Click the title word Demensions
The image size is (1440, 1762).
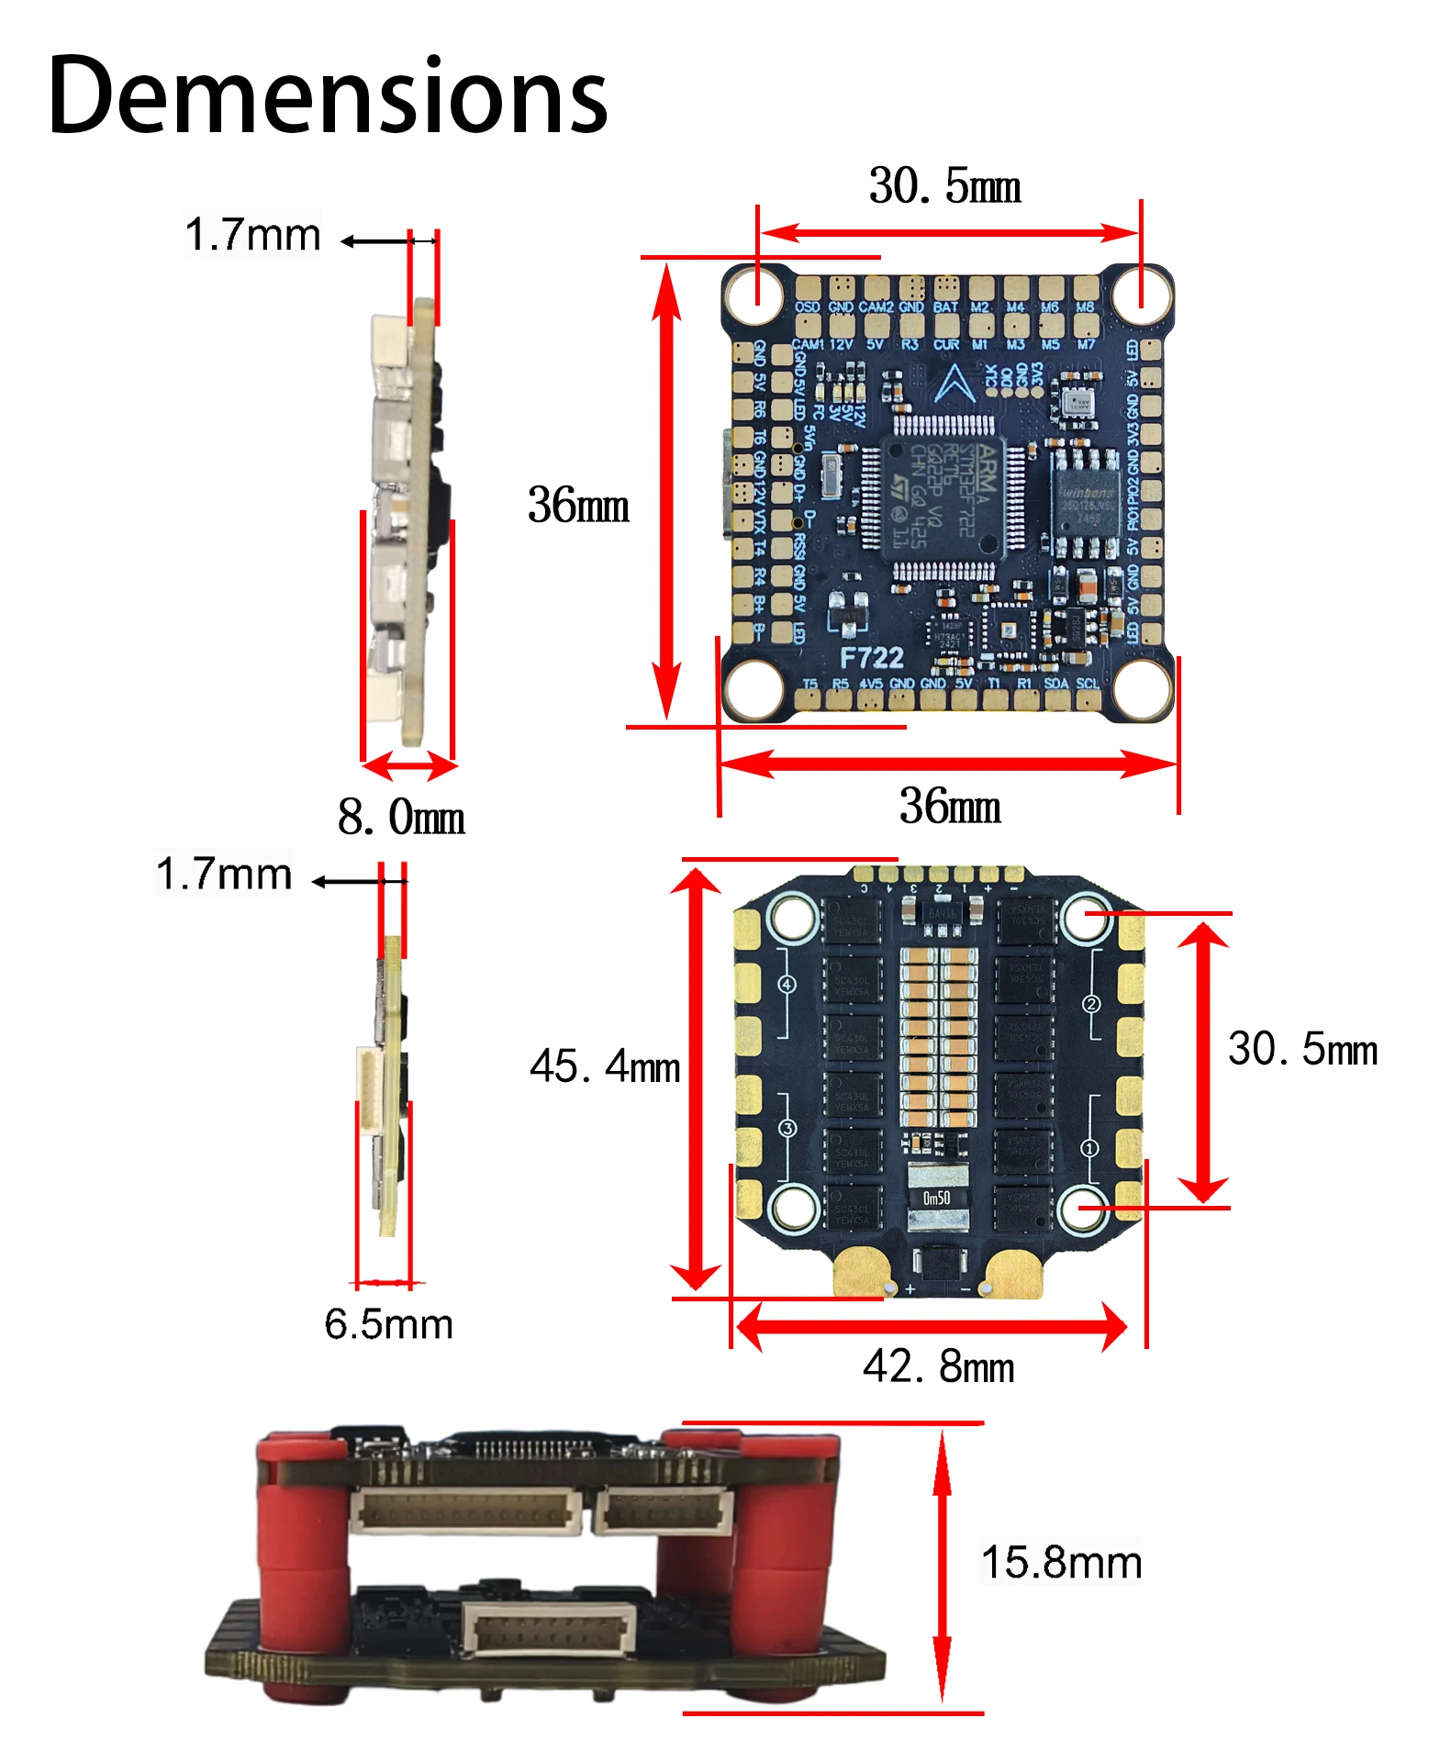pyautogui.click(x=327, y=96)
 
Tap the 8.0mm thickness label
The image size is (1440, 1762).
pyautogui.click(x=401, y=816)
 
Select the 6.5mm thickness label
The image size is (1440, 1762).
pyautogui.click(x=388, y=1324)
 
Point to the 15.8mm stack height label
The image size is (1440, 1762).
pyautogui.click(x=1061, y=1562)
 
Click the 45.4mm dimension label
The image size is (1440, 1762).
pyautogui.click(x=605, y=1066)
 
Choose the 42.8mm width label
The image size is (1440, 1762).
pyautogui.click(x=938, y=1366)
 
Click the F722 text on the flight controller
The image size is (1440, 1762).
pyautogui.click(x=871, y=657)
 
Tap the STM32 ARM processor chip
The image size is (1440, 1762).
pyautogui.click(x=943, y=496)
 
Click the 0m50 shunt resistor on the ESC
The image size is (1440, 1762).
pyautogui.click(x=937, y=1198)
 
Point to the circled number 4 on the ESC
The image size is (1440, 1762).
pyautogui.click(x=787, y=985)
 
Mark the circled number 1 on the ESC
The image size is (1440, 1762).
pyautogui.click(x=1089, y=1148)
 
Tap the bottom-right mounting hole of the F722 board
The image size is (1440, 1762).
pyautogui.click(x=1142, y=688)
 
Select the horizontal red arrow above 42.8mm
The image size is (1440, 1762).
pyautogui.click(x=932, y=1326)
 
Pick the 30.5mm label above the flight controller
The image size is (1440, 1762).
pyautogui.click(x=944, y=186)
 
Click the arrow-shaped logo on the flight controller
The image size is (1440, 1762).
pyautogui.click(x=954, y=383)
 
